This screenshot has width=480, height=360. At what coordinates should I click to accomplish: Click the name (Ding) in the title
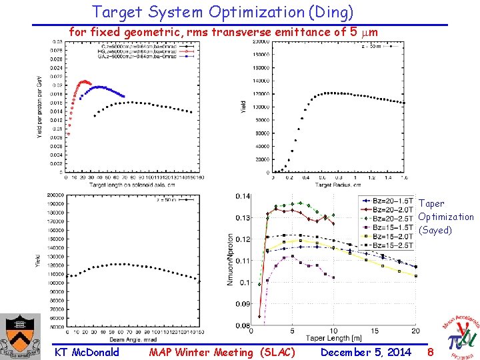click(x=329, y=12)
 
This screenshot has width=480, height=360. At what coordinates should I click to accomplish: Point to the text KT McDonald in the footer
click(x=87, y=352)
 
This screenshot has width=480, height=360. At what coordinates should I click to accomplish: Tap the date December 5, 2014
click(x=366, y=352)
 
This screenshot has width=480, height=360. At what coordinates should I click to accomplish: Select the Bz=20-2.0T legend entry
click(x=393, y=209)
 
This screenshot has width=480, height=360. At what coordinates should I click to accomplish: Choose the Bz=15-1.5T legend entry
click(x=393, y=227)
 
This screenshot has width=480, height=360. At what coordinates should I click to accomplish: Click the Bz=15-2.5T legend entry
click(x=393, y=245)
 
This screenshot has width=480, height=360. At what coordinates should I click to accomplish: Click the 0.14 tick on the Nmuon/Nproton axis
click(x=243, y=196)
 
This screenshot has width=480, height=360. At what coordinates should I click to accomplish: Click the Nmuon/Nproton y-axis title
click(x=231, y=260)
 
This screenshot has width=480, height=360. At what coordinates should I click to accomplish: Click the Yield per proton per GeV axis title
click(x=38, y=107)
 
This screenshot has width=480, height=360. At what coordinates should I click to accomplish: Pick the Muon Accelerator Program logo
click(x=460, y=337)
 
